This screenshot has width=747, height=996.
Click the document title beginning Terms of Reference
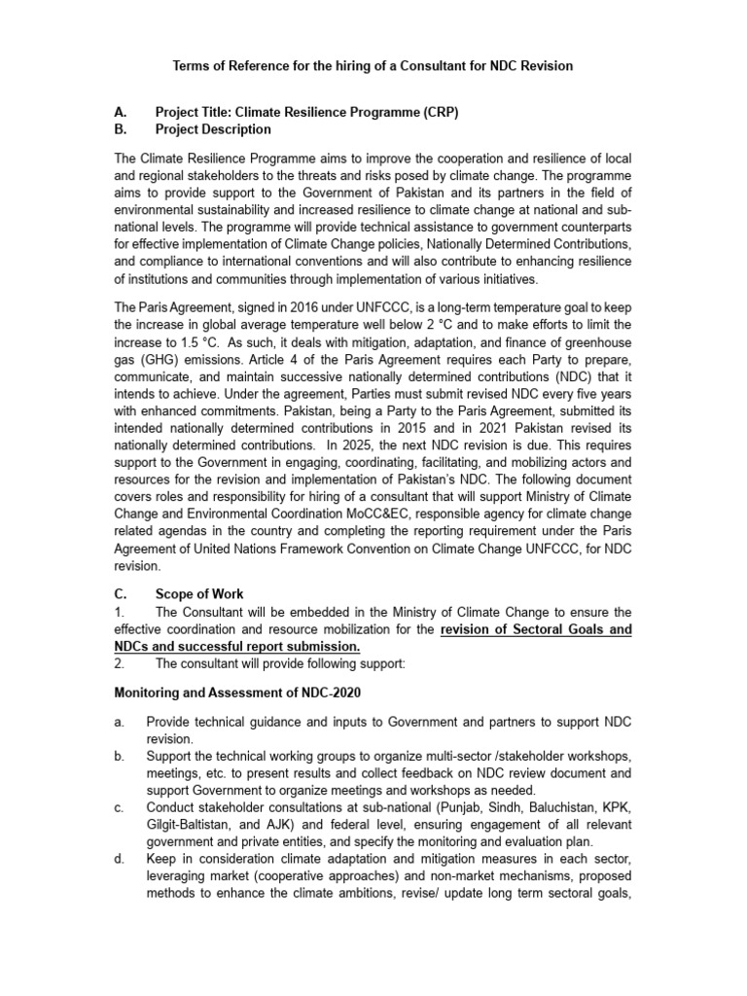pyautogui.click(x=373, y=66)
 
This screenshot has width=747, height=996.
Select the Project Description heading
pyautogui.click(x=213, y=129)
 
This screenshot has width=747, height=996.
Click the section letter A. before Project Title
pyautogui.click(x=121, y=112)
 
